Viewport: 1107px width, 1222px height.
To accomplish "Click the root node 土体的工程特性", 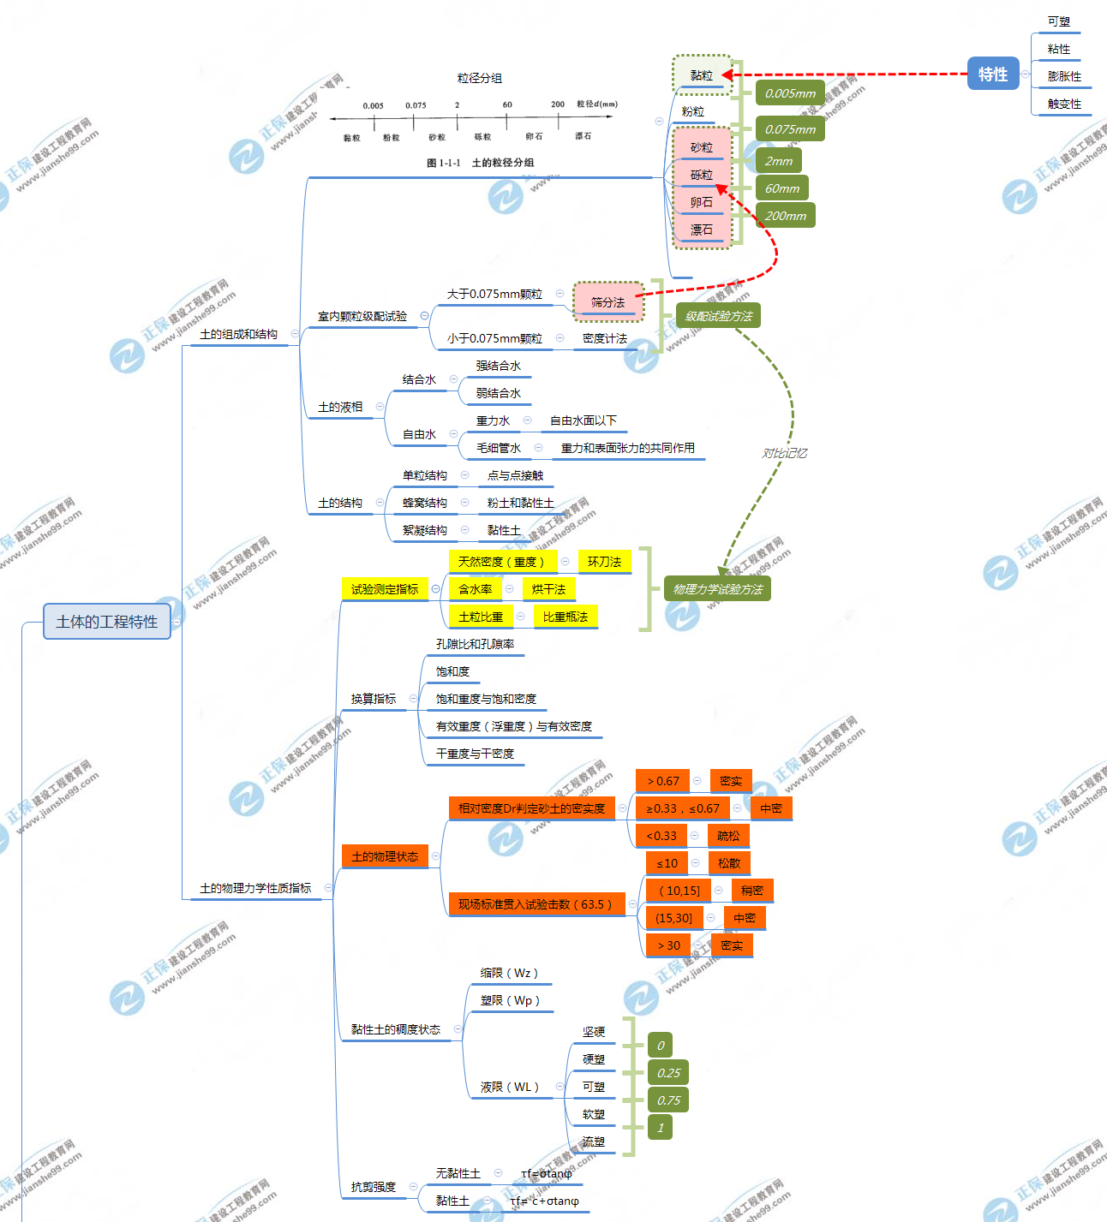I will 107,622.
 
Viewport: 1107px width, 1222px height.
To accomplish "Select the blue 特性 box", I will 993,75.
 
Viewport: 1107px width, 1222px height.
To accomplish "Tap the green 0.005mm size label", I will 790,93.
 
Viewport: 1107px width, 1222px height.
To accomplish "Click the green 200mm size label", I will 785,216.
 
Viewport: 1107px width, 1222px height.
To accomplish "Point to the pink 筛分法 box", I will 607,302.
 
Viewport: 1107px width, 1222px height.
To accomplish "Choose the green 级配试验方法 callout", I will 718,316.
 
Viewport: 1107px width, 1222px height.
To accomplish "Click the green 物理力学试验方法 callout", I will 717,589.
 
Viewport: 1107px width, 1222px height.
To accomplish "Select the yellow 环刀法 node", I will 604,562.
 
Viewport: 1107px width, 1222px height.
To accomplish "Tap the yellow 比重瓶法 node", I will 565,617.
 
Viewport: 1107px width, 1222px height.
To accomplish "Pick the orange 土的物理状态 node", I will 385,856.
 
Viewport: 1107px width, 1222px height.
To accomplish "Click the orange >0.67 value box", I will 662,781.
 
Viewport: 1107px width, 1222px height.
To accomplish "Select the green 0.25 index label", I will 668,1073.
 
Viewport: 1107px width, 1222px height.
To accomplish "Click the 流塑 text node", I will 593,1142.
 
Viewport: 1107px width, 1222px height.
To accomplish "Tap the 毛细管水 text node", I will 498,448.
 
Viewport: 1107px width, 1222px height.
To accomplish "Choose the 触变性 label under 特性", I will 1064,104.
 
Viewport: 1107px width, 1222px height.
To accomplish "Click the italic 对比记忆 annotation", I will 784,453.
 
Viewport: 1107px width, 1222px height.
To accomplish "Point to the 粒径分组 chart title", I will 480,78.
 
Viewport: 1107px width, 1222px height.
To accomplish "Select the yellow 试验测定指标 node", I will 385,589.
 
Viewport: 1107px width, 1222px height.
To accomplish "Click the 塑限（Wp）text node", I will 510,1000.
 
